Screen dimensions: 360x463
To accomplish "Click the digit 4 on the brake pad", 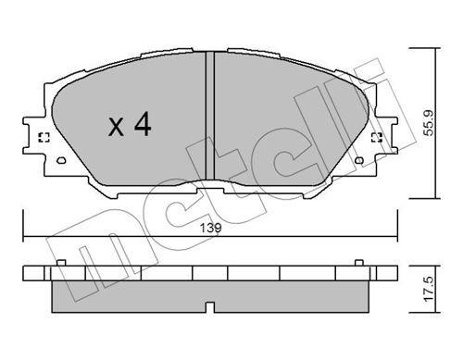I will [141, 124].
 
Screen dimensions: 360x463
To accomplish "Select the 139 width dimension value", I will [209, 226].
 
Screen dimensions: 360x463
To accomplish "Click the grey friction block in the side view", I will [139, 294].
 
